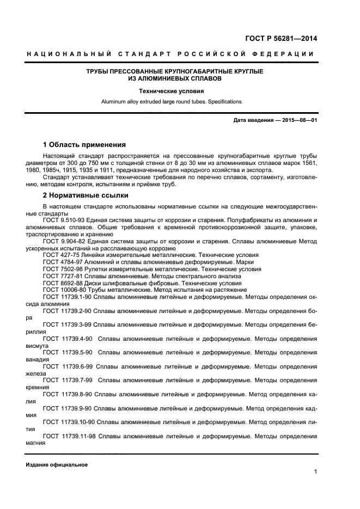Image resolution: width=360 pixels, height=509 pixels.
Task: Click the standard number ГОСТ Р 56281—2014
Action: point(282,39)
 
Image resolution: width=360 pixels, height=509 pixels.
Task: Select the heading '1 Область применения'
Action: point(84,145)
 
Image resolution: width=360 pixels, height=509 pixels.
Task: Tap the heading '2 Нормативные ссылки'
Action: point(85,195)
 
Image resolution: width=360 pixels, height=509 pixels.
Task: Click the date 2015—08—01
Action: point(297,120)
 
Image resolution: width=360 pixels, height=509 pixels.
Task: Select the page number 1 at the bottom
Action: point(315,472)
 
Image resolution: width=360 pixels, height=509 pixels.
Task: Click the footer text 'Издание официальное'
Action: point(57,465)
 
